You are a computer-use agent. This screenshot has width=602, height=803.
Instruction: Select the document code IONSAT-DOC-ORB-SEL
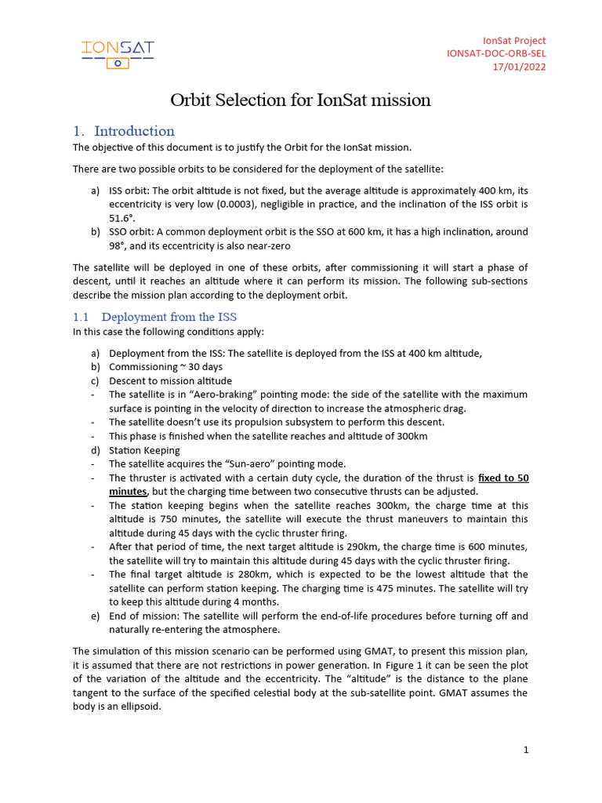496,53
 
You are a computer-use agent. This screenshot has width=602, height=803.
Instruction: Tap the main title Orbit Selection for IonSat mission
301,100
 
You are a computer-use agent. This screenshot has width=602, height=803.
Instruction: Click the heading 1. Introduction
124,131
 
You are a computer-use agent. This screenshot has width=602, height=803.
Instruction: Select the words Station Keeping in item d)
144,450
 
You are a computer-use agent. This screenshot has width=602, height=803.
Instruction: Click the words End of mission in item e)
145,616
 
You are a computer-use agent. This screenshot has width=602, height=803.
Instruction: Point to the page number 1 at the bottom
526,750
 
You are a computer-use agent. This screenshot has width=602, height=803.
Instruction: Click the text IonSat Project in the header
514,40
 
